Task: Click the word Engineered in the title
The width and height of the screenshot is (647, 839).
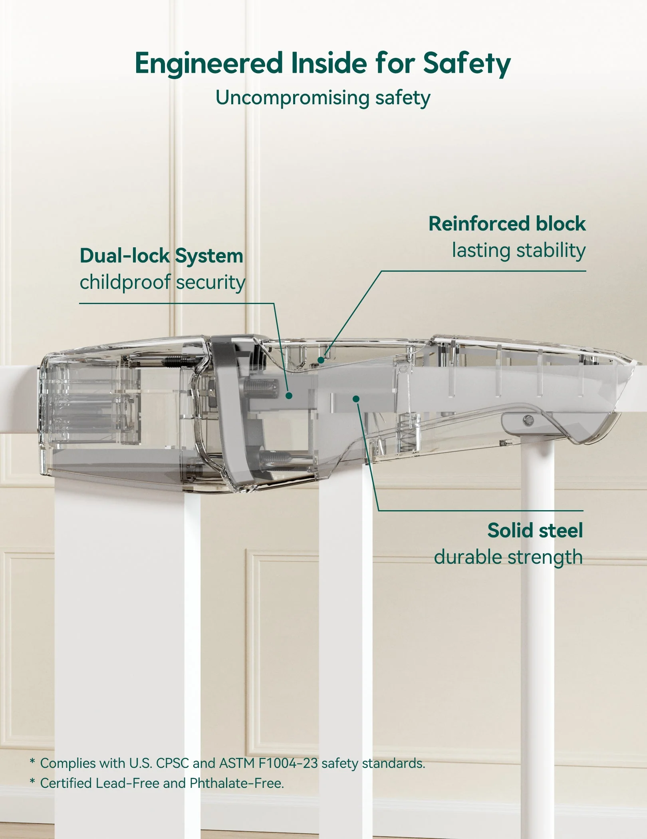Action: click(x=208, y=63)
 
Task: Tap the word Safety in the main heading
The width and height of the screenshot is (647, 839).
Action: click(x=466, y=64)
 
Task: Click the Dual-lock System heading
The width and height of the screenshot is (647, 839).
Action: click(x=161, y=256)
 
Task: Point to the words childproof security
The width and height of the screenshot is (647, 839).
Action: click(x=162, y=282)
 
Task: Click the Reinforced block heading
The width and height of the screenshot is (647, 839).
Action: click(x=507, y=224)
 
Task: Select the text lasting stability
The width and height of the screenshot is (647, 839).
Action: click(x=518, y=251)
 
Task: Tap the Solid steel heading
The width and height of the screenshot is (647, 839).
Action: click(x=535, y=531)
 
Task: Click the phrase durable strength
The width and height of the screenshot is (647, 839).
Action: click(x=508, y=557)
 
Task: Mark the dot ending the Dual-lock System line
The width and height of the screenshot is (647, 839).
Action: click(x=289, y=396)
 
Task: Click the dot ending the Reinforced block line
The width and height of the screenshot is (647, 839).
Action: click(x=321, y=360)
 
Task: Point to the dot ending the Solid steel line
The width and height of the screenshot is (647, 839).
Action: click(x=356, y=399)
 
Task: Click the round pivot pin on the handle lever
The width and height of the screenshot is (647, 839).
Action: click(x=528, y=419)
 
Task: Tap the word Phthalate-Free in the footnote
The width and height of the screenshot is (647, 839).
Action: click(x=236, y=783)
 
